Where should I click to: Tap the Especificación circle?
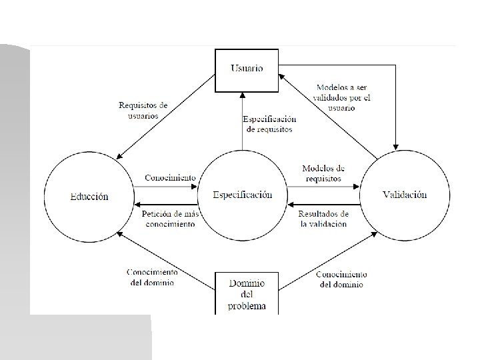pos(242,195)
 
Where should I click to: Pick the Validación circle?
pos(404,195)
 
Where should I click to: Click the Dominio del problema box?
pos(247,294)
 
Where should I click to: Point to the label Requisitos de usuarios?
pos(143,110)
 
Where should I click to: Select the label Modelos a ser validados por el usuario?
pos(343,97)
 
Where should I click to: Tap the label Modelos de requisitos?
pos(323,173)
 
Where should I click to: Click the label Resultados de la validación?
pos(323,219)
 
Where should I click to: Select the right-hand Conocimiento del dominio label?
pos(341,279)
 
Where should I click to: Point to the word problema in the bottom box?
pos(247,306)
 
